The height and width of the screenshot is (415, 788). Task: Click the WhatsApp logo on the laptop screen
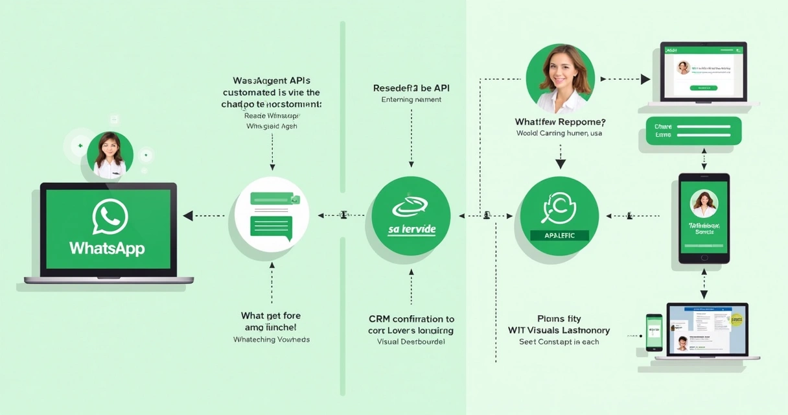[x=110, y=217]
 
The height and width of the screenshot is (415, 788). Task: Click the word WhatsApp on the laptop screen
[x=107, y=248]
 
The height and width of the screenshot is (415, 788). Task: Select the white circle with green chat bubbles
[x=272, y=216]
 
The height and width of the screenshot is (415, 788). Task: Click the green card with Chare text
[x=693, y=131]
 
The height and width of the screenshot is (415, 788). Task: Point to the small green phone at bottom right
[x=654, y=332]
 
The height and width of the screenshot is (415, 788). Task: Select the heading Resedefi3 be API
[x=411, y=88]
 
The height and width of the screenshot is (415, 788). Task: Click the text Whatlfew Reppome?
[x=560, y=121]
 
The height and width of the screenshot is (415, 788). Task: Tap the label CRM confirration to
[x=411, y=319]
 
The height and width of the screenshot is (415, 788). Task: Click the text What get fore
[x=271, y=316]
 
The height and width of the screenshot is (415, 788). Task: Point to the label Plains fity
[x=559, y=318]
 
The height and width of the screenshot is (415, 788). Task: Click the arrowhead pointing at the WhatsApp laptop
[x=188, y=216]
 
